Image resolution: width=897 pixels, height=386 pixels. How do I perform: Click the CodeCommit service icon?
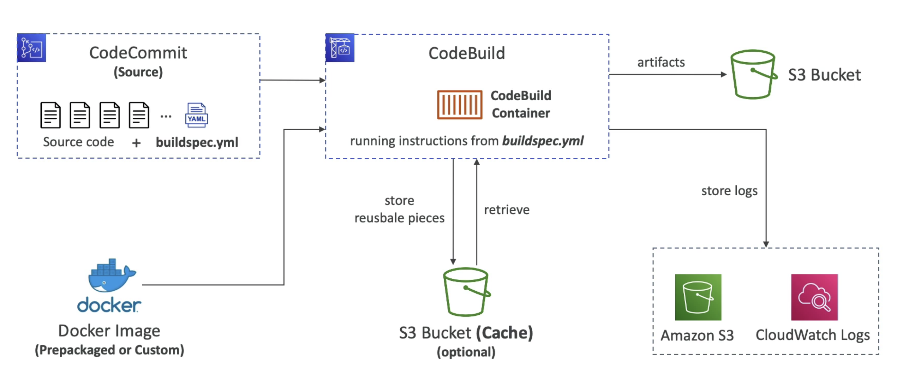coord(31,48)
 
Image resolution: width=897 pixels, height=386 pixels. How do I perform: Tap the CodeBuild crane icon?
coord(340,48)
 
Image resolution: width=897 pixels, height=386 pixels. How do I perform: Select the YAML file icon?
coord(196,115)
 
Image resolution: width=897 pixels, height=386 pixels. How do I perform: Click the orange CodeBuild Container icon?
coord(460,105)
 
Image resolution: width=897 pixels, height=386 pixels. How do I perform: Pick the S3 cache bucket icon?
coord(466,292)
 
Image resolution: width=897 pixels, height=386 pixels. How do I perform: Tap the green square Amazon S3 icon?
coord(698,297)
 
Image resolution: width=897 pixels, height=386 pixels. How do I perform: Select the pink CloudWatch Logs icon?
coord(814,297)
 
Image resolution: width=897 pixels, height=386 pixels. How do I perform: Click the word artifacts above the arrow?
coord(661,62)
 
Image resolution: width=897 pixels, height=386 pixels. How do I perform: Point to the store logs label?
coord(729,191)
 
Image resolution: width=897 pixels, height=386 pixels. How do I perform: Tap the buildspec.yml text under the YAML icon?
coord(197,143)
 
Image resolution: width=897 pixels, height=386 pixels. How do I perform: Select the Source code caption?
coord(78,142)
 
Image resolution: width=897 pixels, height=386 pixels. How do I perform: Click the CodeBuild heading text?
coord(466,53)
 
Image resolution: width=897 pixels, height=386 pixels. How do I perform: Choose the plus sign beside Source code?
coord(137,143)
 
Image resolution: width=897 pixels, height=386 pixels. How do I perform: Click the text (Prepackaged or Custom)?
coord(109,350)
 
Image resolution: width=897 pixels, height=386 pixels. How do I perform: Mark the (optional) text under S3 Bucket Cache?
coord(466,352)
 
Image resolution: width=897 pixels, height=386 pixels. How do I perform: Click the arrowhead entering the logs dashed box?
coord(766,244)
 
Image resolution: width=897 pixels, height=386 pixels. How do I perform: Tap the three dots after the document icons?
coord(166,116)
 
